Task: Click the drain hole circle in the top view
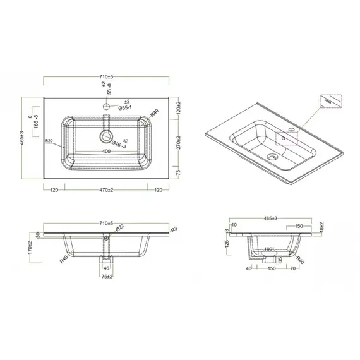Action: coord(106,135)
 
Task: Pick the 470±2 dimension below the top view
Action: coord(106,189)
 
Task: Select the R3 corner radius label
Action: coord(175,229)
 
